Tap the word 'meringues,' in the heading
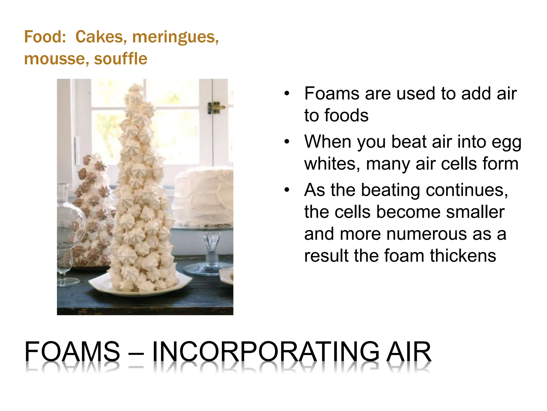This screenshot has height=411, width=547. coord(175,37)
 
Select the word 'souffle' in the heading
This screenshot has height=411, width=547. coord(120,59)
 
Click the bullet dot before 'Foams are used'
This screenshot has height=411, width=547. coord(287,94)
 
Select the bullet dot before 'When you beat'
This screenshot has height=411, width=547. coord(287,142)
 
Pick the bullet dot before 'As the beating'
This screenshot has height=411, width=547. coord(287,190)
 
